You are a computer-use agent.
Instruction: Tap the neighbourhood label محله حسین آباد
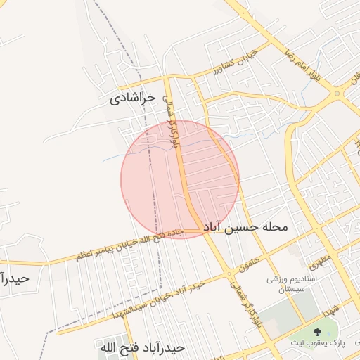(x=246, y=228)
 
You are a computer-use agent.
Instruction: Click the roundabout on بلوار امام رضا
(x=338, y=92)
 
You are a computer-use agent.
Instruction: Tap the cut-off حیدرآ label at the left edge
(x=14, y=278)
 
